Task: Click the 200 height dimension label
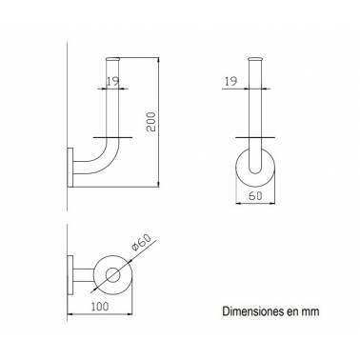point(151,122)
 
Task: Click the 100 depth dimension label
point(100,307)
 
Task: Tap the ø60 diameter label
point(140,243)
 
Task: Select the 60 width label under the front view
point(255,196)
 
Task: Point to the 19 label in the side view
point(112,82)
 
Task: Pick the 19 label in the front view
point(230,82)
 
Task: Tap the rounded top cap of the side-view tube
point(112,59)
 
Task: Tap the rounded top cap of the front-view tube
point(255,59)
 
